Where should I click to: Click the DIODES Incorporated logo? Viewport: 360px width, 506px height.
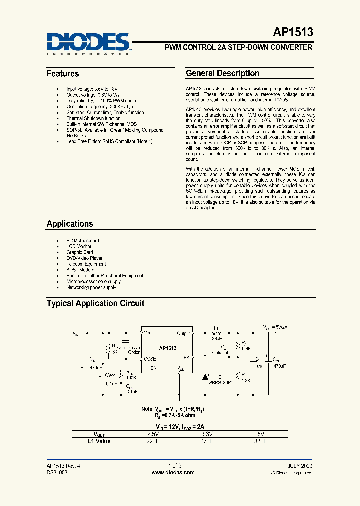tap(88, 43)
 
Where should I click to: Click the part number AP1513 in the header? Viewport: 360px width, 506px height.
tap(293, 33)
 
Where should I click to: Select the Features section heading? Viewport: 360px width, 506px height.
tap(63, 74)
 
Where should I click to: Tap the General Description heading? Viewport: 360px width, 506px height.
tap(222, 73)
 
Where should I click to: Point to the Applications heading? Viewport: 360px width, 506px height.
tap(70, 224)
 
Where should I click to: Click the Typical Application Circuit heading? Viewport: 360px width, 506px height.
tap(95, 303)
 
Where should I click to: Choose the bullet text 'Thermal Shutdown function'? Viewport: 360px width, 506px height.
tap(93, 118)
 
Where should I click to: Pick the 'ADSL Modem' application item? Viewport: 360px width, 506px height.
tap(80, 270)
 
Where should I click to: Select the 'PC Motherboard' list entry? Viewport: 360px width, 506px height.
tap(83, 240)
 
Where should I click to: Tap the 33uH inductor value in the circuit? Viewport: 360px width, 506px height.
tap(217, 338)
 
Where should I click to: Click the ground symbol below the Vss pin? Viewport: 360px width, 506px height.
tap(180, 400)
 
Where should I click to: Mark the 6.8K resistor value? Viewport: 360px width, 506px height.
tap(246, 348)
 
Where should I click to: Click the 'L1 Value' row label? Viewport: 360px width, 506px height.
tap(99, 441)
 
